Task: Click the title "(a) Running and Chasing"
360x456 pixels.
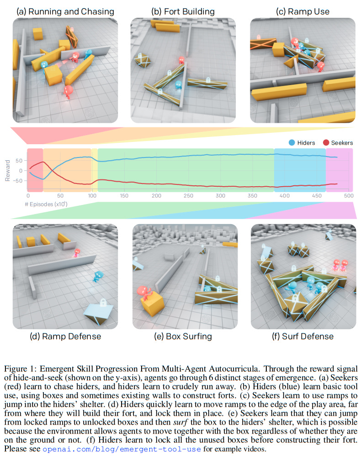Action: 65,11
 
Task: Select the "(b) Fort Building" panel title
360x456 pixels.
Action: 183,11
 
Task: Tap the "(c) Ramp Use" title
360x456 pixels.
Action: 303,11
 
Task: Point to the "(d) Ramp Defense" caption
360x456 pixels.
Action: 65,336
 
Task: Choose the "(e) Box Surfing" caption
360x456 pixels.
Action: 183,336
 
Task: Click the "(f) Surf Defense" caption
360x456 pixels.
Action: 303,336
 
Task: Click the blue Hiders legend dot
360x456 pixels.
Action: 291,142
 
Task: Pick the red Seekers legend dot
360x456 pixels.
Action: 326,142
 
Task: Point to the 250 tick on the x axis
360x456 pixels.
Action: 188,196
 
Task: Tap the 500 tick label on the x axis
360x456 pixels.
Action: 349,196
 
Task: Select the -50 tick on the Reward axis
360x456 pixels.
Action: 17,181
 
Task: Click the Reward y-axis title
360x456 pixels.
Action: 8,170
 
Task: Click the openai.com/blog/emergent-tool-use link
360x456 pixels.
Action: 122,449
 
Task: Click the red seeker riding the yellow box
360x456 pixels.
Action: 144,292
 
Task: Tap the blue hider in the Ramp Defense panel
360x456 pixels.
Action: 98,276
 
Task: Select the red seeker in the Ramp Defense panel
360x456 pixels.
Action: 77,253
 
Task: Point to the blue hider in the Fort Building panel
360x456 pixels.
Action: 178,85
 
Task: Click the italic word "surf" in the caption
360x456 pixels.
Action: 180,422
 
